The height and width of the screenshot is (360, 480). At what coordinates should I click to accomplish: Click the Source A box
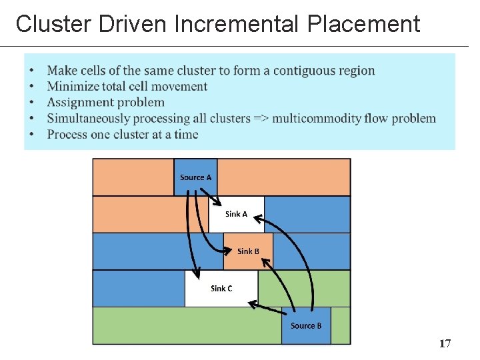195,177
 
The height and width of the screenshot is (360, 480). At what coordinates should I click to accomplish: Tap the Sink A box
236,214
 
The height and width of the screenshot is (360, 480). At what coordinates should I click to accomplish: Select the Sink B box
248,251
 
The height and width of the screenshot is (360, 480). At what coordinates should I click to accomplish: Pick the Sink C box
221,289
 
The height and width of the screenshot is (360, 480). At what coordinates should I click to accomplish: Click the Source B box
306,325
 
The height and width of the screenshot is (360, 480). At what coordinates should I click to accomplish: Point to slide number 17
445,343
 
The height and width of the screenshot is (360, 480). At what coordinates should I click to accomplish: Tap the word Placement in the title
364,24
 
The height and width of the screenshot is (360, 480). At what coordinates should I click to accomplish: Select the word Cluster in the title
54,24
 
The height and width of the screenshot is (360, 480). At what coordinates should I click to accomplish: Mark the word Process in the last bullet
69,135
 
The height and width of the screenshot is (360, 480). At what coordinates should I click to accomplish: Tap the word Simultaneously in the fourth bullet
89,119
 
